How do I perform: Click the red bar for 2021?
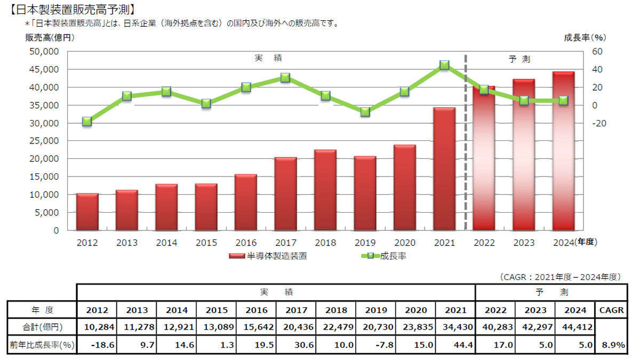pos(444,169)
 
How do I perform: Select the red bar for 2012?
pos(87,212)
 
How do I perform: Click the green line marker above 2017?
pos(285,78)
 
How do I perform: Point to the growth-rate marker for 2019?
pos(365,112)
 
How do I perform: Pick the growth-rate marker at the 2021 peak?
pos(444,65)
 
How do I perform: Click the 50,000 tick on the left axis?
pos(44,52)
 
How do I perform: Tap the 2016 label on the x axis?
pos(246,243)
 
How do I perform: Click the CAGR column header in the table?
pos(611,310)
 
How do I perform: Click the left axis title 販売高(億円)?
pos(49,37)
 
